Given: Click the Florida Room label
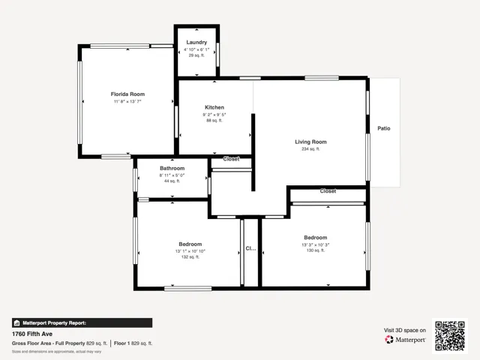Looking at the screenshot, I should pyautogui.click(x=129, y=94).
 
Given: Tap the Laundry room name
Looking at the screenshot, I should pyautogui.click(x=196, y=43).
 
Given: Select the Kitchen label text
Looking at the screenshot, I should pyautogui.click(x=214, y=107).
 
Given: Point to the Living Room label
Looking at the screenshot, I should pyautogui.click(x=310, y=142).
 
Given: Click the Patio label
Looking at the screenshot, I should pyautogui.click(x=383, y=128).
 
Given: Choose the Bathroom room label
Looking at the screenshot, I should pyautogui.click(x=172, y=168).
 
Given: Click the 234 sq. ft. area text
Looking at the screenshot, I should pyautogui.click(x=310, y=149).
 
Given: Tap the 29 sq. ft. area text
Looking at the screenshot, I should pyautogui.click(x=196, y=55).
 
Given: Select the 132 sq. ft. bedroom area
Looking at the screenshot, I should pyautogui.click(x=190, y=257).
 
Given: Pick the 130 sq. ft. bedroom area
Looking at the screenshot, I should pyautogui.click(x=315, y=250).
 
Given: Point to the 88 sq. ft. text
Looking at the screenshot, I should pyautogui.click(x=214, y=121).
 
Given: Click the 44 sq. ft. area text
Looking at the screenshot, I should pyautogui.click(x=172, y=181).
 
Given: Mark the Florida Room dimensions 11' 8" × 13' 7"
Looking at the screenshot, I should pyautogui.click(x=129, y=102).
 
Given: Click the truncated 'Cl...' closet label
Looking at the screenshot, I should pyautogui.click(x=250, y=248).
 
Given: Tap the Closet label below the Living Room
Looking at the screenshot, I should pyautogui.click(x=328, y=191).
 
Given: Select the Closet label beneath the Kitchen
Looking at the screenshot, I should pyautogui.click(x=231, y=159).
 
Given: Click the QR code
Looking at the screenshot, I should pyautogui.click(x=451, y=335).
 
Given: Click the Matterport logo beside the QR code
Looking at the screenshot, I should pyautogui.click(x=406, y=340).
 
